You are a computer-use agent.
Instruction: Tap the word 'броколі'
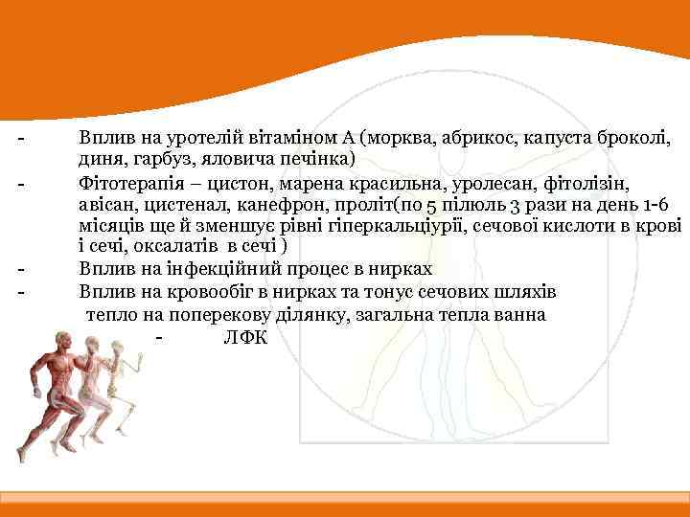pos(636,138)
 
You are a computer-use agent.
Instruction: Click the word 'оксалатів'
pos(167,247)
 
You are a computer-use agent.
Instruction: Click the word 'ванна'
pos(521,314)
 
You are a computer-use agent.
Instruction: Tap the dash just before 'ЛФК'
pos(157,337)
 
